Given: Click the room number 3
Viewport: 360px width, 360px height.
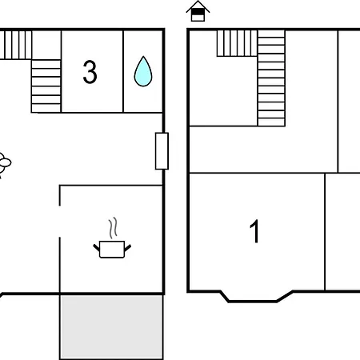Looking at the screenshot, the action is (x=90, y=72).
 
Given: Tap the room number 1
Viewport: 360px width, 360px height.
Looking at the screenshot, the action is (x=255, y=231).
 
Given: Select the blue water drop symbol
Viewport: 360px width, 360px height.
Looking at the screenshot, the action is (x=143, y=71).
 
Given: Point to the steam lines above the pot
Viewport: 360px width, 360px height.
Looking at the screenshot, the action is (x=113, y=227).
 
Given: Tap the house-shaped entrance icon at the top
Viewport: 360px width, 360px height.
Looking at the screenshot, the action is (x=198, y=11).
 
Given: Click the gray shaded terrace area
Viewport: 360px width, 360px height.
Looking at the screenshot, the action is (x=111, y=326).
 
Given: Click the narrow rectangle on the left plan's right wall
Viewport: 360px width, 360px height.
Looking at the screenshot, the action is (x=162, y=151).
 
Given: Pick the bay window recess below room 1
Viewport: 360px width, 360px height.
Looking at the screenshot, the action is (x=256, y=297).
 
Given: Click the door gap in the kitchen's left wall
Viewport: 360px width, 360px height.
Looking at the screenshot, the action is (x=60, y=222).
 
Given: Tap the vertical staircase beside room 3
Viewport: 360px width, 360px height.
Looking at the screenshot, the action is (x=46, y=86).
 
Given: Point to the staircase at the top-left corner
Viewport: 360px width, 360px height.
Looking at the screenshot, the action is (x=16, y=45).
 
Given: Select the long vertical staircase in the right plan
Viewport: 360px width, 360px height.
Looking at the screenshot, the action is (x=271, y=78).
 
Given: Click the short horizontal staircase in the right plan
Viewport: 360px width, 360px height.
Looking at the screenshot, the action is (x=237, y=43).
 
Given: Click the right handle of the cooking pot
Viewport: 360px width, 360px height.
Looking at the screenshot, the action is (x=128, y=248).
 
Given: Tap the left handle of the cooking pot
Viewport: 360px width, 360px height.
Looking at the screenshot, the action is (x=96, y=248).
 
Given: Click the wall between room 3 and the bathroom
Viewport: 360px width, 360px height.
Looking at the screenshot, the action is (x=123, y=71).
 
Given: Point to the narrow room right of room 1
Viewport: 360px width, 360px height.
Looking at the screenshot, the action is (x=342, y=232).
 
